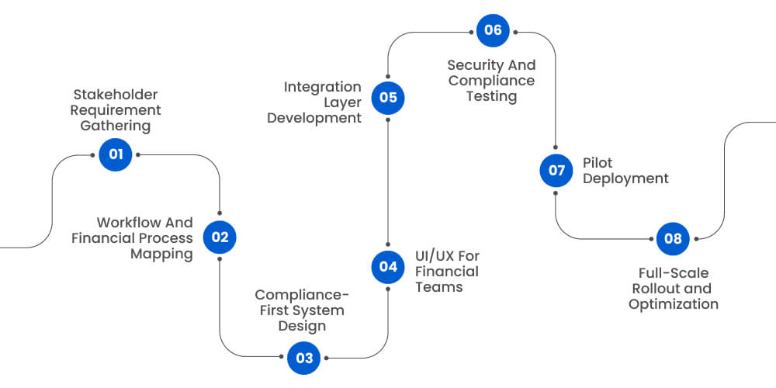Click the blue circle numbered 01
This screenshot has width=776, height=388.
(116, 154)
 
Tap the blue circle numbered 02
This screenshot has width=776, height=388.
(220, 237)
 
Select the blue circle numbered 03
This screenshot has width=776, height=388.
(303, 358)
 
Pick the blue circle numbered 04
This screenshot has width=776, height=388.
(387, 267)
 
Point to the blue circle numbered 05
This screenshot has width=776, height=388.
(387, 98)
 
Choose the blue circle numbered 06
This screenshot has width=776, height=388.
(493, 31)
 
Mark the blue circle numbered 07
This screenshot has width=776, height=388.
(556, 171)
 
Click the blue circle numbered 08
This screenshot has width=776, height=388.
(673, 238)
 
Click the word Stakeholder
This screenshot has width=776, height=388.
(115, 95)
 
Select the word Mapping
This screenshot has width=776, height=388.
(161, 254)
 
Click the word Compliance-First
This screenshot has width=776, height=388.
(302, 295)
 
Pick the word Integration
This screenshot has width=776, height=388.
(322, 87)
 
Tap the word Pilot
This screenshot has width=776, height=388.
(598, 163)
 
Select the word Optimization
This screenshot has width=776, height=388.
(673, 304)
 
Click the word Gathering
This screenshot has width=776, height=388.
(115, 126)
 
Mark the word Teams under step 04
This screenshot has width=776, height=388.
(438, 287)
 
